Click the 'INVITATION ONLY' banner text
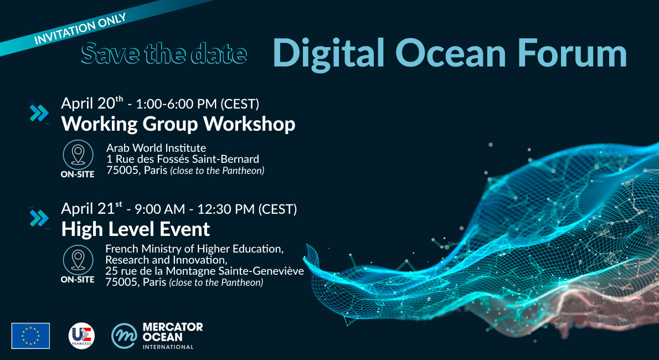tap(80, 29)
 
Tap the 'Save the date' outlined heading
tap(164, 53)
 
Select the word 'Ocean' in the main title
tap(450, 53)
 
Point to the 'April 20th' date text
tap(92, 104)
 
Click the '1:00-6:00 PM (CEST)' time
tap(197, 104)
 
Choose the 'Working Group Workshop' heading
tap(178, 124)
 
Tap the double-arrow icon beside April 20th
tap(39, 113)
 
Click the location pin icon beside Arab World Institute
tap(78, 155)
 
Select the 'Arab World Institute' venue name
tap(156, 148)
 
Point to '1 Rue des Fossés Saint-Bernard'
tap(182, 160)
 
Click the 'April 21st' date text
tap(91, 209)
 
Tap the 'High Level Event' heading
tap(136, 229)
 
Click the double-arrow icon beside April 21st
tap(39, 218)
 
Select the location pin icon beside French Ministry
tap(78, 260)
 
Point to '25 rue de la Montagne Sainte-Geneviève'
tap(205, 271)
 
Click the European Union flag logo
tap(30, 336)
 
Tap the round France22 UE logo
tap(81, 336)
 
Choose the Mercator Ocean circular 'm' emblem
tap(125, 336)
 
